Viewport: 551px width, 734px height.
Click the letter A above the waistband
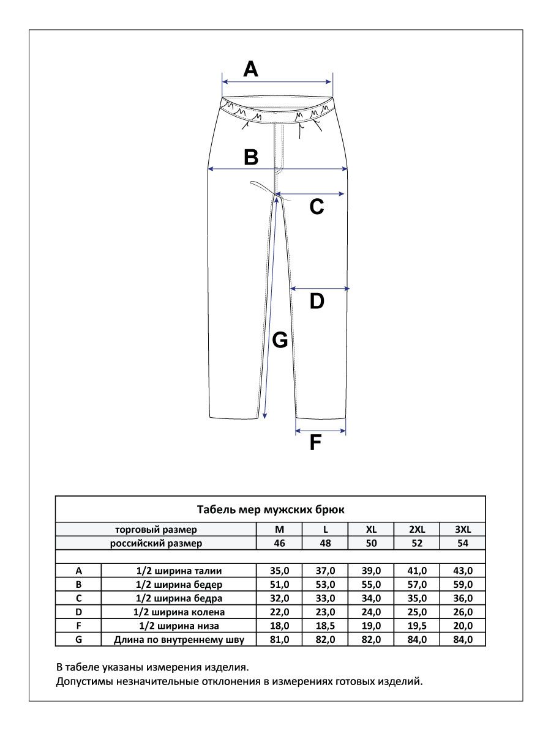[x=250, y=69]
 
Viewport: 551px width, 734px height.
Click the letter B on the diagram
[x=251, y=157]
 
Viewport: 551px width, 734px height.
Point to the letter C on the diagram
[x=317, y=207]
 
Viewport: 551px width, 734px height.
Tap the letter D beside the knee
[x=317, y=301]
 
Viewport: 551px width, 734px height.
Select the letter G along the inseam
[x=280, y=340]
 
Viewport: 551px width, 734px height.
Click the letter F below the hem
[x=315, y=442]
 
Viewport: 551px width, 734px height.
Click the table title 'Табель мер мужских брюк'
[x=271, y=509]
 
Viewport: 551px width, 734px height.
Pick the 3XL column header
[x=462, y=530]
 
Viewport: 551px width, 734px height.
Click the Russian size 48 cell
[x=325, y=543]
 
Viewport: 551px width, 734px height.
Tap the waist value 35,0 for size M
[x=280, y=571]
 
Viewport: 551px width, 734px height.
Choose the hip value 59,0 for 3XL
[x=462, y=584]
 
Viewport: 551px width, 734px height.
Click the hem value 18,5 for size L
[x=325, y=626]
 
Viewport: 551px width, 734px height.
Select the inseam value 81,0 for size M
[x=280, y=640]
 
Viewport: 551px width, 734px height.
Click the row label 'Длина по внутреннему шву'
[x=179, y=640]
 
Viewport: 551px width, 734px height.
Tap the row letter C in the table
[x=78, y=598]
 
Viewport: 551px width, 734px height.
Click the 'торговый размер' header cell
[x=156, y=530]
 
